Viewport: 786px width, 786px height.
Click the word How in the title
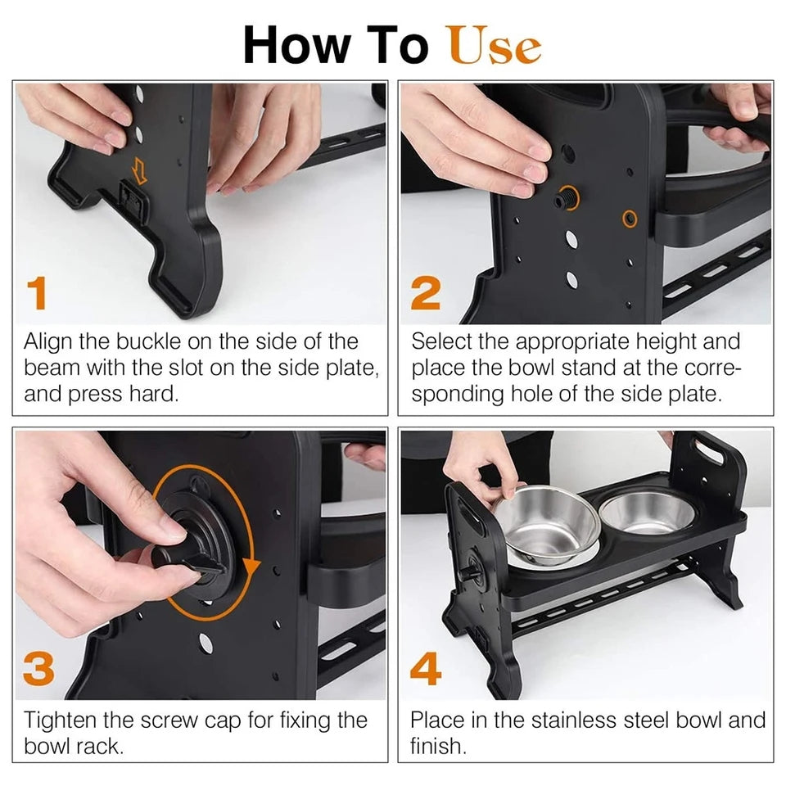(296, 45)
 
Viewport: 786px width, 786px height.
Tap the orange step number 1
(37, 293)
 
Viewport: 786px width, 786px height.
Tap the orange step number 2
(426, 293)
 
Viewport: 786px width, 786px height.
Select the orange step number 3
(38, 669)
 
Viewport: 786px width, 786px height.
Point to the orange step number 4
(426, 669)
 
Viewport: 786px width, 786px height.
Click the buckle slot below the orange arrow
(133, 201)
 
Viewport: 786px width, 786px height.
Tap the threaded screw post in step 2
(565, 198)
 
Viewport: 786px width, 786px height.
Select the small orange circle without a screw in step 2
(630, 219)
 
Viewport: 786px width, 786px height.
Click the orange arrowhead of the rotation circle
(251, 567)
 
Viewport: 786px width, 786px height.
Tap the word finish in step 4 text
(438, 746)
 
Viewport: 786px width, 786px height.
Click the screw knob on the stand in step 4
(470, 571)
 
